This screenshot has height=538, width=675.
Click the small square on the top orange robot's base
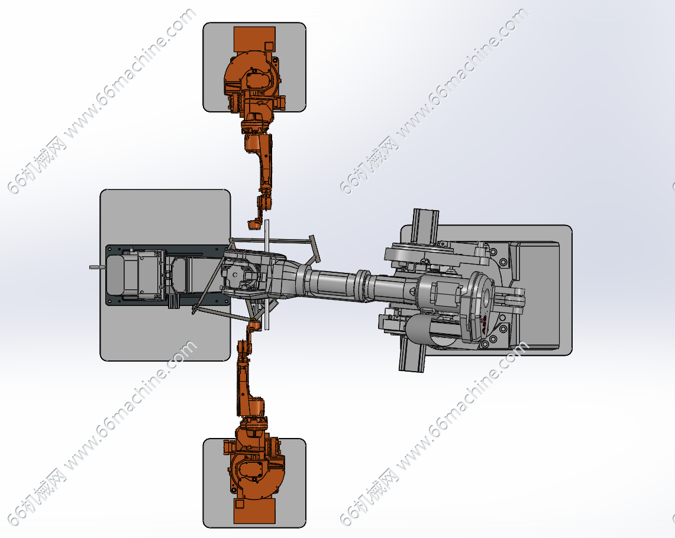click(x=269, y=46)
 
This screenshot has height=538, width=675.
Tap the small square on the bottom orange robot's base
click(x=240, y=504)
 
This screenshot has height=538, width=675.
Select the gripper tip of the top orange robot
click(x=254, y=224)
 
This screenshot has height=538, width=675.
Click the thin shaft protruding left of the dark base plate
click(x=98, y=268)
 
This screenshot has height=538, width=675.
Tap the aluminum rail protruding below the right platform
click(x=412, y=353)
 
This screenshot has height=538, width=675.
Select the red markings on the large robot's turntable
click(x=485, y=323)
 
